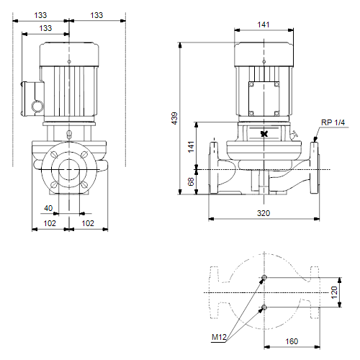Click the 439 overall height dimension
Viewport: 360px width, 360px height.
point(174,118)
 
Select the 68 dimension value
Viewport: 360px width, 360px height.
point(191,181)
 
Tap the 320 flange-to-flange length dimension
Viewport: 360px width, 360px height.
point(264,213)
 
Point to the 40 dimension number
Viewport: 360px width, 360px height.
point(48,208)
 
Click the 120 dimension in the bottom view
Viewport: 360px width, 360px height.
point(334,292)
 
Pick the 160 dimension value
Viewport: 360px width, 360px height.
point(292,341)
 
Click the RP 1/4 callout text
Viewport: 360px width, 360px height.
point(333,122)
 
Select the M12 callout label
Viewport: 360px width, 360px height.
point(219,337)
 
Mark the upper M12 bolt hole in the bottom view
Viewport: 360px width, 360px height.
point(264,277)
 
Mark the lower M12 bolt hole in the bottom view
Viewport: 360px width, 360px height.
point(264,307)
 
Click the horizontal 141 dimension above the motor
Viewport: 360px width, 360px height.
point(264,24)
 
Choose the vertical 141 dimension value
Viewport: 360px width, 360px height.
point(191,147)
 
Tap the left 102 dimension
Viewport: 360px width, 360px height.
point(50,223)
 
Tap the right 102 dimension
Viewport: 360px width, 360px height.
point(88,223)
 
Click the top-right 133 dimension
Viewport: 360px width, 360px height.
point(96,15)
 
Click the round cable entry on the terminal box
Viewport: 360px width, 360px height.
point(37,106)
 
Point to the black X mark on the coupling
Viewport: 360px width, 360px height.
point(264,134)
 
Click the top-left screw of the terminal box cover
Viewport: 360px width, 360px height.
point(251,84)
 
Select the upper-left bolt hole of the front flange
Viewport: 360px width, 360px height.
point(55,155)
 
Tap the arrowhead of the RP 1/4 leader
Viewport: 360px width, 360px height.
point(315,140)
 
